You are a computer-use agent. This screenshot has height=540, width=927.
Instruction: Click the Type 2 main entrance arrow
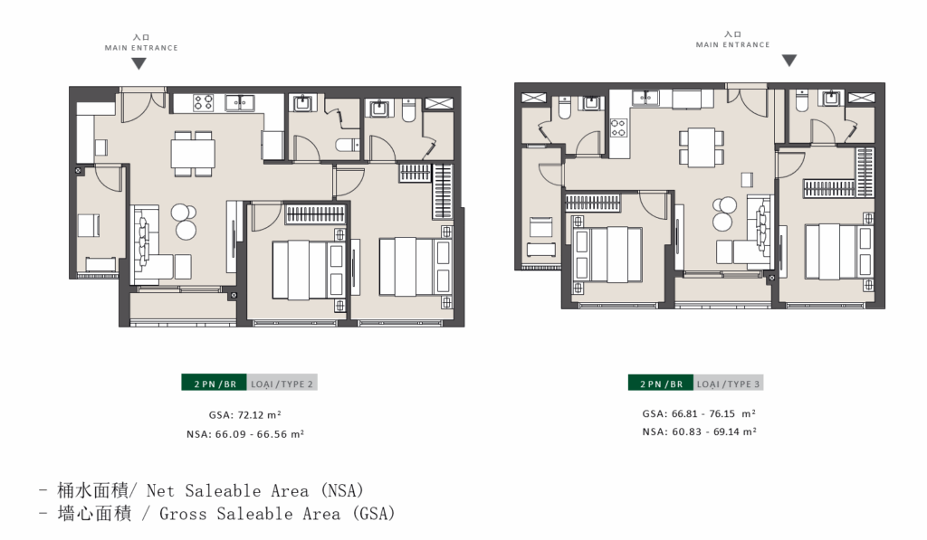tap(139, 64)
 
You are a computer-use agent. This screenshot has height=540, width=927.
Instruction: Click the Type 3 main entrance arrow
tap(789, 61)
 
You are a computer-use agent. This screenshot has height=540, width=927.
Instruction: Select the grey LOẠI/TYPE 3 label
tap(729, 383)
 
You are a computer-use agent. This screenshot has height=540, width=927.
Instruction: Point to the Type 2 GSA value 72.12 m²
tap(260, 415)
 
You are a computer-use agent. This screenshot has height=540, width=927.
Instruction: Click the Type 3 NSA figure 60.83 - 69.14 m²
tap(714, 431)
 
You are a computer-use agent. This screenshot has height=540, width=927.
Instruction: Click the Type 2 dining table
tap(193, 154)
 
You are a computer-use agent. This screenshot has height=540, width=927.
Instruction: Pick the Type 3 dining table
tap(702, 147)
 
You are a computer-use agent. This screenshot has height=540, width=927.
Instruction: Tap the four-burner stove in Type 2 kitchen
tap(203, 102)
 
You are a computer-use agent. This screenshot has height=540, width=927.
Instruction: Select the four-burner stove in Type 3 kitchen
tap(618, 128)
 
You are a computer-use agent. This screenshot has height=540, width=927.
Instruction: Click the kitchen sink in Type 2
tap(239, 102)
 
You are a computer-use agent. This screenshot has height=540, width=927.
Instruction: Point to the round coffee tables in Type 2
tap(184, 221)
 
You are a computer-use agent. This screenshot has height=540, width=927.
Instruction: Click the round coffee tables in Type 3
tap(723, 213)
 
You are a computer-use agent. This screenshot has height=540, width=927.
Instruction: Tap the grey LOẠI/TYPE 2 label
tap(282, 383)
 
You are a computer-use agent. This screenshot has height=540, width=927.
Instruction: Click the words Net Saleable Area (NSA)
tap(254, 490)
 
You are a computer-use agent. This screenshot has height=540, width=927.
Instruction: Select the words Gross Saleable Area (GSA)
tap(277, 514)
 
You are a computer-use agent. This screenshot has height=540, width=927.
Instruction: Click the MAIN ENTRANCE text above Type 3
tap(733, 44)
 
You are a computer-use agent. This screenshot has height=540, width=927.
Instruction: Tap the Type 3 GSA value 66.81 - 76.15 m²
tap(714, 413)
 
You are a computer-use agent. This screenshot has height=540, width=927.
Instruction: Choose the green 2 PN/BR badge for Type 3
tap(661, 383)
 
